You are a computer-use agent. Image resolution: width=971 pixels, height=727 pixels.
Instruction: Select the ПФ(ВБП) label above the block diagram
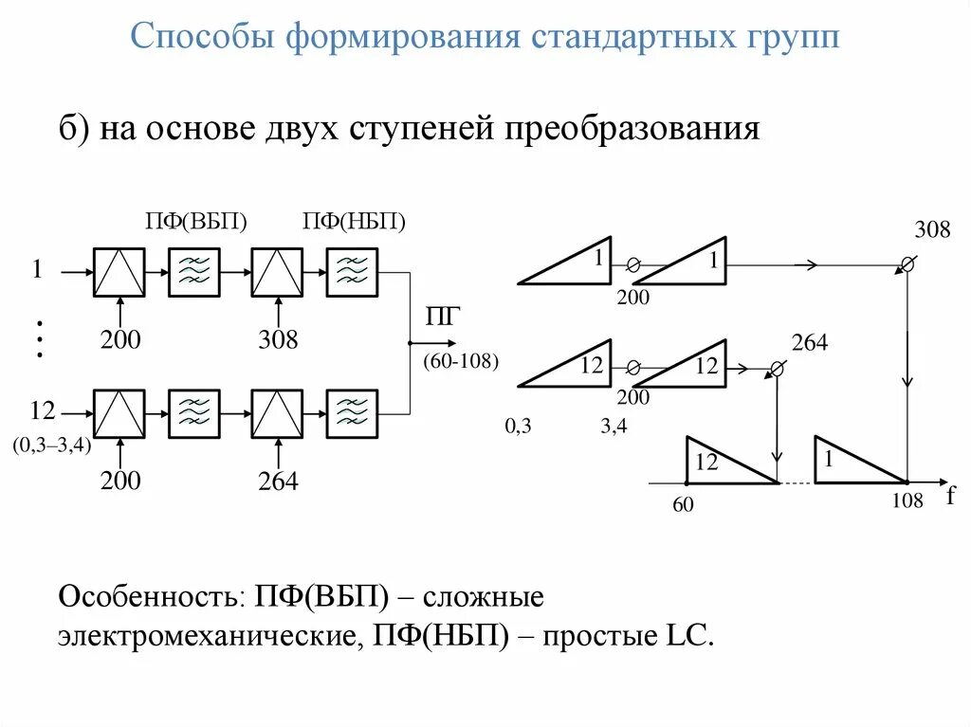(196, 222)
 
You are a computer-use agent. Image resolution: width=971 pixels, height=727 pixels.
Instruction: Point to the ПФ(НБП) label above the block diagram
(355, 222)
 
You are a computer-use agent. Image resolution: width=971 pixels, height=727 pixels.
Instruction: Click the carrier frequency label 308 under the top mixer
(278, 339)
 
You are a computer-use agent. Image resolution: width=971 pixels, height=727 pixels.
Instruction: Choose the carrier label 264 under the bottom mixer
(278, 482)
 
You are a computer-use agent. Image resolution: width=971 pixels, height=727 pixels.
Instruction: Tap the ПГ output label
(442, 318)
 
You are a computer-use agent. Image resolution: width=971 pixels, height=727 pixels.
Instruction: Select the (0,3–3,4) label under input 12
(52, 445)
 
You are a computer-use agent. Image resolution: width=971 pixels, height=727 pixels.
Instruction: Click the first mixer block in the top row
(119, 272)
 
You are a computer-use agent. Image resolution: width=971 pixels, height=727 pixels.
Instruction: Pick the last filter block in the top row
(352, 272)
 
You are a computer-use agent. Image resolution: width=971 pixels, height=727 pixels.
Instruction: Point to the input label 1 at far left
(37, 270)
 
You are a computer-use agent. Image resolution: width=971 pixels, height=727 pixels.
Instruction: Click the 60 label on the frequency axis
(684, 505)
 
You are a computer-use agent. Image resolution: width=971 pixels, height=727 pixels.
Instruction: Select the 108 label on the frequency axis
(907, 501)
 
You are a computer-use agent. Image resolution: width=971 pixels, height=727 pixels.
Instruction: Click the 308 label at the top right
(932, 229)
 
